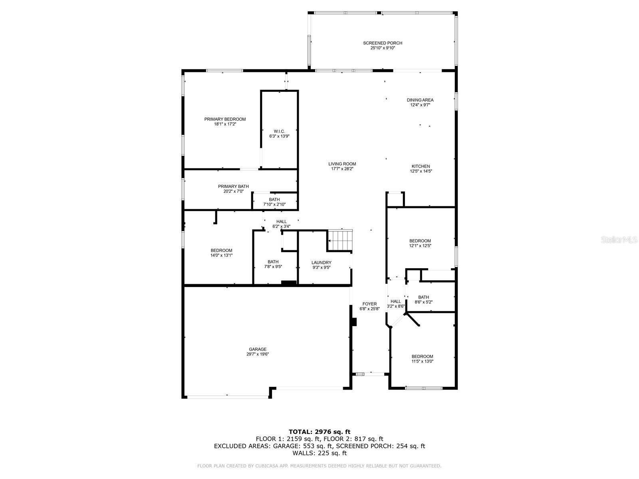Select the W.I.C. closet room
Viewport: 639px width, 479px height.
tap(279, 133)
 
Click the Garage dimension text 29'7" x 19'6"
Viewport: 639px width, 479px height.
tap(258, 354)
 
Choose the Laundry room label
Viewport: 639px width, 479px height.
tap(321, 263)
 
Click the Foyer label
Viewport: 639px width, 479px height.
tap(369, 304)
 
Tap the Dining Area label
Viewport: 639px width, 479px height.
tap(420, 100)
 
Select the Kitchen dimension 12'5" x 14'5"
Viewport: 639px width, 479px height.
tap(421, 171)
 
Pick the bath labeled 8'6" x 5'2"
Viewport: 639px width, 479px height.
tap(423, 299)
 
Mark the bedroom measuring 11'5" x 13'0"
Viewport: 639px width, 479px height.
tap(422, 359)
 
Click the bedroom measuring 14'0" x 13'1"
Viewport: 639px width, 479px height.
tap(221, 253)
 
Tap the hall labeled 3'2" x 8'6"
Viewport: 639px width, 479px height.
tap(396, 304)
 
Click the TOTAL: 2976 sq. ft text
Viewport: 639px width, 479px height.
tap(319, 431)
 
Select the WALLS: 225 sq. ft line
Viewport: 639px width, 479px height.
tap(319, 453)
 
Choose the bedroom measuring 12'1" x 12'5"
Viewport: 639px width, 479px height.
tap(420, 243)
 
